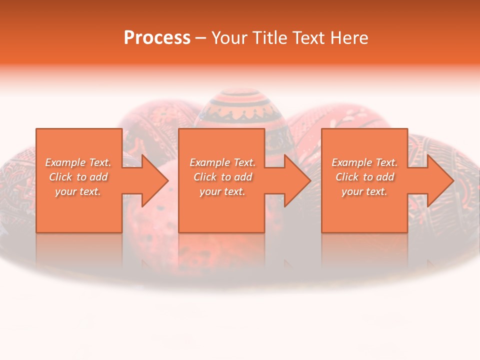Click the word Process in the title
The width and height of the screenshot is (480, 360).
coord(157,38)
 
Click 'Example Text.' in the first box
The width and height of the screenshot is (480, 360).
coord(78,162)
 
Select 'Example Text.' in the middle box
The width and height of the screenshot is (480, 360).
coord(222,162)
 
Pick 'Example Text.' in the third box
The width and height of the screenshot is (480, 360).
coord(364,162)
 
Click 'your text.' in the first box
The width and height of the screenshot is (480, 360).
coord(78,191)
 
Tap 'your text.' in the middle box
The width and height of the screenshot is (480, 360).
coord(222,191)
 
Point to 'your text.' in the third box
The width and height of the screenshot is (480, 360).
coord(364,191)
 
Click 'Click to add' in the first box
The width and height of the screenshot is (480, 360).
coord(78,177)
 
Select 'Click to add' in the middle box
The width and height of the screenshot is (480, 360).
coord(222,177)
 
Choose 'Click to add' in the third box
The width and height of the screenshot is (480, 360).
coord(364,177)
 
